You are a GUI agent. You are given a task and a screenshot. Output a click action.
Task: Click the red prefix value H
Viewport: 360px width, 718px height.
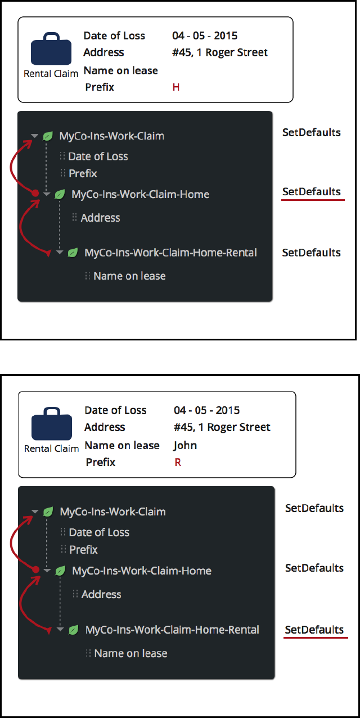point(176,87)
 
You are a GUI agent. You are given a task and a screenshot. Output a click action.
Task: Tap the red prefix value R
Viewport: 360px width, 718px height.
point(178,463)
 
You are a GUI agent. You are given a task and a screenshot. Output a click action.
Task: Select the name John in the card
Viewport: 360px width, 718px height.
point(185,445)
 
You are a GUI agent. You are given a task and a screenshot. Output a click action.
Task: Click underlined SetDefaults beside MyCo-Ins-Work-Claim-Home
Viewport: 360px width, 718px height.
point(312,191)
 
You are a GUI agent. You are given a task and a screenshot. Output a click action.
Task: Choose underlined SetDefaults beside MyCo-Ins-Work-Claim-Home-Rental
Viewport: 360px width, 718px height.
point(314,630)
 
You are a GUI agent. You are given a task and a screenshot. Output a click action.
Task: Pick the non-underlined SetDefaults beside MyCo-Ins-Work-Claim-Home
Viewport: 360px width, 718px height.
point(314,568)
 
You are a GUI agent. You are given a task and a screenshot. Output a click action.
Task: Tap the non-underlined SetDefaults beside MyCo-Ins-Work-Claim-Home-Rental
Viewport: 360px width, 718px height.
point(312,253)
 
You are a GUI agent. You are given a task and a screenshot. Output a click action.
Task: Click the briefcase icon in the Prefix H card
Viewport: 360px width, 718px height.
point(51,50)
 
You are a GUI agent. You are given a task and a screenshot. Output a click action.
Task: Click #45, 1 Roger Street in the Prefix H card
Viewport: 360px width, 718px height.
point(220,52)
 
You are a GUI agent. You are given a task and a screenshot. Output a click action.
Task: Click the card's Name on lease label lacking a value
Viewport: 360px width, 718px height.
point(120,70)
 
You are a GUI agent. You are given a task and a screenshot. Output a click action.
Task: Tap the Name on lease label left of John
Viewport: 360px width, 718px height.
point(122,445)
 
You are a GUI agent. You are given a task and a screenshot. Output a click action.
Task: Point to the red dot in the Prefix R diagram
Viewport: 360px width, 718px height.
point(35,569)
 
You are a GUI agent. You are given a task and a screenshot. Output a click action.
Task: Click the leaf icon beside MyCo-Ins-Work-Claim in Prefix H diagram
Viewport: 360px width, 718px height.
point(48,136)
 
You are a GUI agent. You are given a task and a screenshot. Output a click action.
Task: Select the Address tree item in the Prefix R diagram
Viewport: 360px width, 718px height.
point(101,594)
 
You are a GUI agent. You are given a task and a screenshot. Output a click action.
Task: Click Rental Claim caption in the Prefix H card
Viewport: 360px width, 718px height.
point(51,74)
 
